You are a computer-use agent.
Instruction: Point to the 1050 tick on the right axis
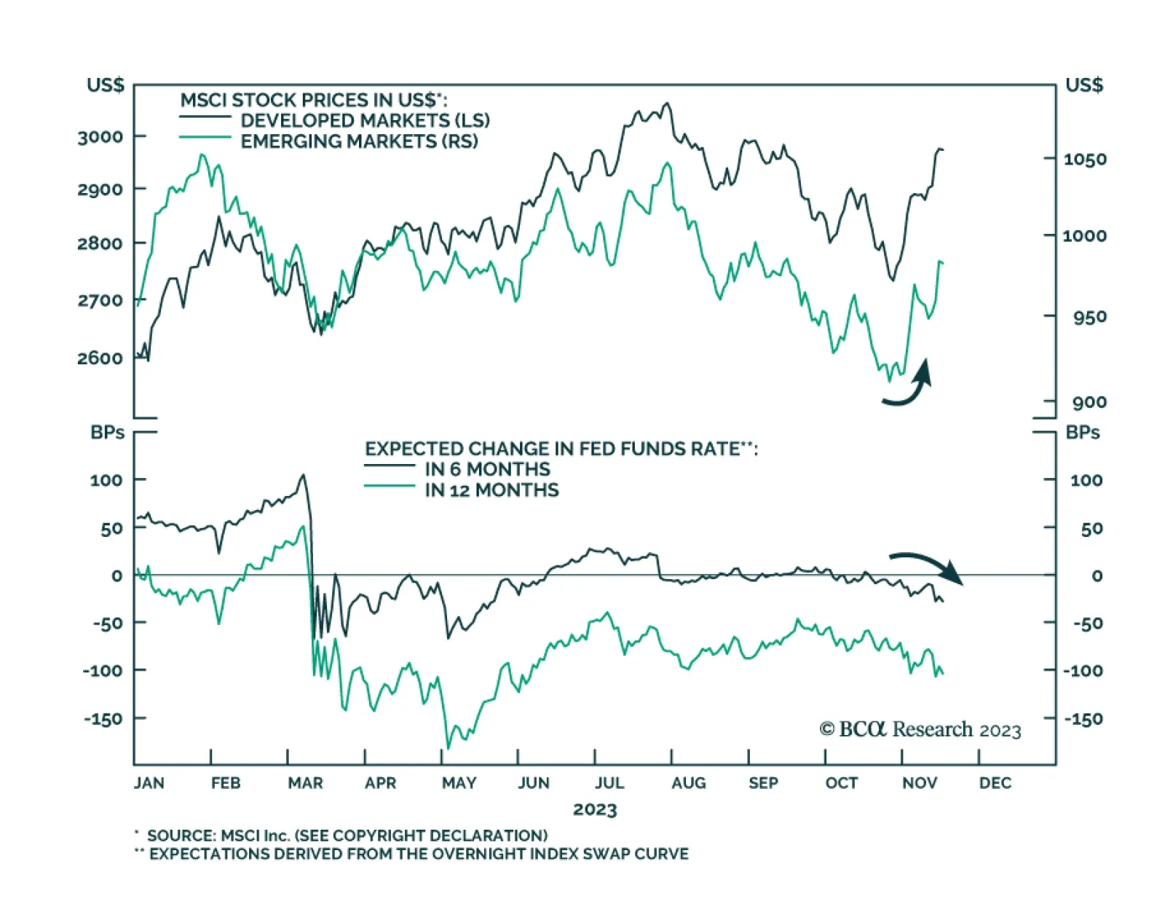[x=1084, y=160]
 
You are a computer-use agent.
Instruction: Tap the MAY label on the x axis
[x=459, y=783]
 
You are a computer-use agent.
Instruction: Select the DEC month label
[x=995, y=783]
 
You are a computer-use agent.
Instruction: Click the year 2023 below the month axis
[x=594, y=809]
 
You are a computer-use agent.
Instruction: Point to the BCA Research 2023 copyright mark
[x=920, y=729]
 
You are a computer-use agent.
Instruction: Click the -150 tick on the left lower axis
[x=103, y=719]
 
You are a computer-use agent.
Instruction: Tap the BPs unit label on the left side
[x=107, y=433]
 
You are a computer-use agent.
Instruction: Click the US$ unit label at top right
[x=1083, y=85]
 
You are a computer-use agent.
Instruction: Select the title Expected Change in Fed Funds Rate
[x=561, y=449]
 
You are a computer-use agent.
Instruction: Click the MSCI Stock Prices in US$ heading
[x=314, y=100]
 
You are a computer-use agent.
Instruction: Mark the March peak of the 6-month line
[x=303, y=475]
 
